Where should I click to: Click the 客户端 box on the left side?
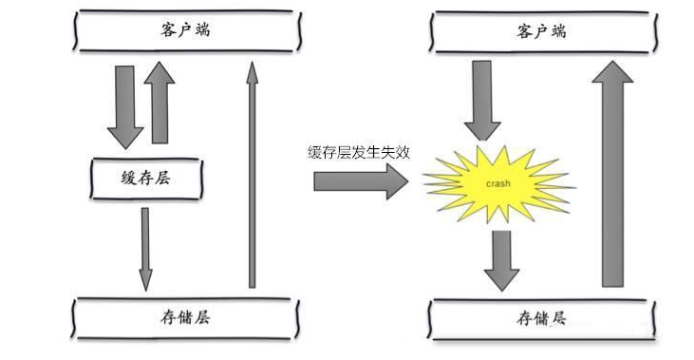tap(186, 31)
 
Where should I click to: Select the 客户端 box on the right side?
tap(543, 31)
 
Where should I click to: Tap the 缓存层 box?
tap(145, 179)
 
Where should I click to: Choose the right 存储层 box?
tap(542, 317)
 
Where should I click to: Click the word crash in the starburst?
tap(498, 180)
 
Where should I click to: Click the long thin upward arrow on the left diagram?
tap(252, 176)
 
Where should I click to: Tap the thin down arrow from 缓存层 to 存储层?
tap(144, 247)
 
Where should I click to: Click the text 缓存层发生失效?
tap(359, 152)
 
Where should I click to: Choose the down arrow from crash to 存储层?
tap(501, 258)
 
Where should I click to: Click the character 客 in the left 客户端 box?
tap(167, 31)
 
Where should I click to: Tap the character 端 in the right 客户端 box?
tap(561, 31)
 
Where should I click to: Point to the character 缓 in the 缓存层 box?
tap(127, 179)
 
